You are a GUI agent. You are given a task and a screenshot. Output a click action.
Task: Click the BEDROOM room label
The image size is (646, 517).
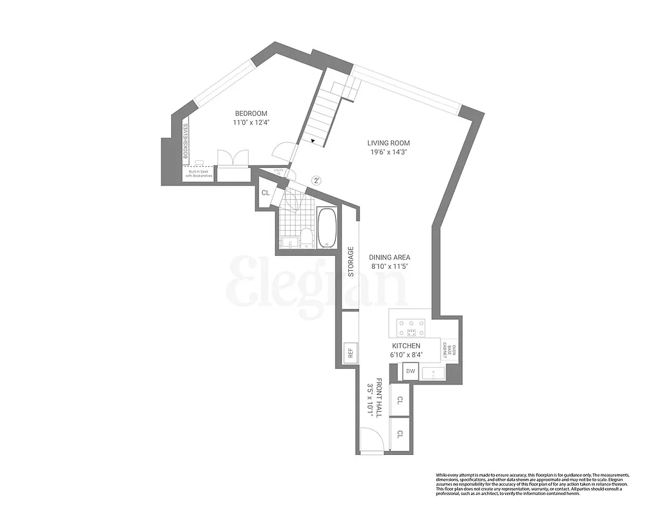pos(250,112)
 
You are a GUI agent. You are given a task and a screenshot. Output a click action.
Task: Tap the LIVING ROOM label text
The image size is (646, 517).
pos(388,143)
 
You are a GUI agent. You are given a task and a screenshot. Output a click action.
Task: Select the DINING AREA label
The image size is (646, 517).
pos(390,257)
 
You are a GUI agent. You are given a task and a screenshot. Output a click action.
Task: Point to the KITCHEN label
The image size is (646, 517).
pos(405,346)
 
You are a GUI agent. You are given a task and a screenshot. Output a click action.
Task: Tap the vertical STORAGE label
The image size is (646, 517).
pos(351,262)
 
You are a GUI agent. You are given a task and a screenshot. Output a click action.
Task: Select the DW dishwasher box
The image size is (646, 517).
pos(410,371)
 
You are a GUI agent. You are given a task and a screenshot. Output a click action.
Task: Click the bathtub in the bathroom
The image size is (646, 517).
pos(327,227)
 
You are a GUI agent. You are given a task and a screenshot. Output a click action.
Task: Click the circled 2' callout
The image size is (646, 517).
pos(316,181)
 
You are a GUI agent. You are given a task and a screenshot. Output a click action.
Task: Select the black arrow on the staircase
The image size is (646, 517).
pos(313,140)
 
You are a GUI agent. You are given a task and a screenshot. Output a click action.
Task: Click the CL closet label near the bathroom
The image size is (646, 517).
pos(266,193)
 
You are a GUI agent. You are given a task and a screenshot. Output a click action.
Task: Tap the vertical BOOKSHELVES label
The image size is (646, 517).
pos(185,141)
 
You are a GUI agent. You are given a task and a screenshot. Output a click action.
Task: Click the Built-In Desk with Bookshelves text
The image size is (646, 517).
pos(199,173)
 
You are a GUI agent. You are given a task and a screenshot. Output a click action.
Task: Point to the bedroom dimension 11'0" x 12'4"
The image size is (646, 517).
pos(250,122)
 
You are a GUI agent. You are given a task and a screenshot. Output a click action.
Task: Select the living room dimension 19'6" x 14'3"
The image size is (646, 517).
pos(388,153)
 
